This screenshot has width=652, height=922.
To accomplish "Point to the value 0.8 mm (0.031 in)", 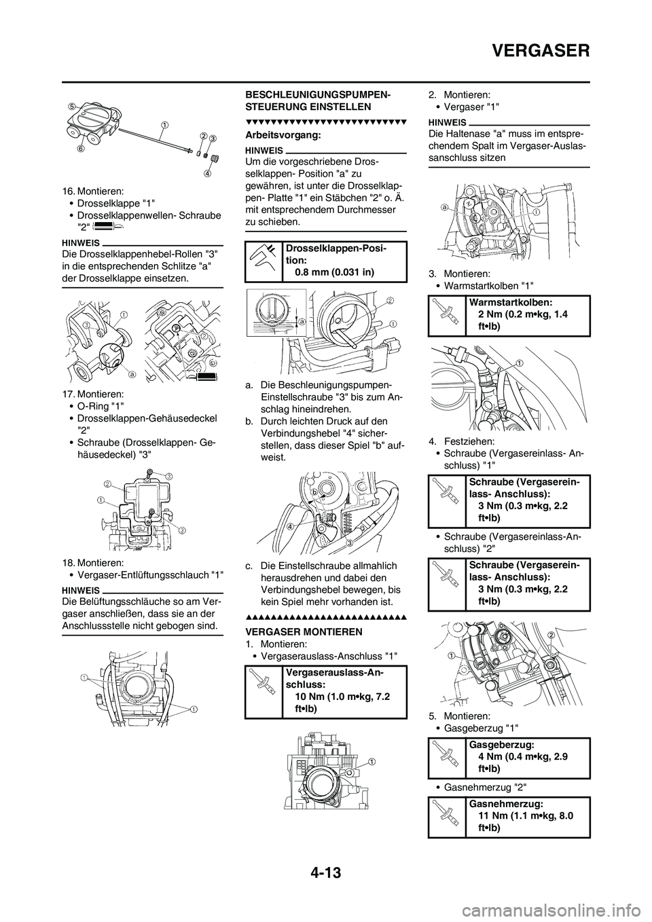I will (x=333, y=272).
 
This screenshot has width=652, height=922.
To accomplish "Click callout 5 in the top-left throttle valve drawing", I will (x=71, y=106).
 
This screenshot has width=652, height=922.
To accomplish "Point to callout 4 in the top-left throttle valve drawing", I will (x=208, y=172).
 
